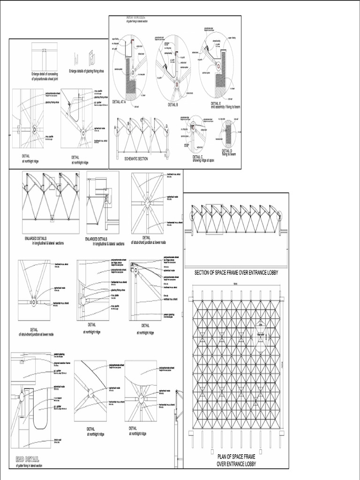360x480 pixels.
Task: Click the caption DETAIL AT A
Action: [x=120, y=101]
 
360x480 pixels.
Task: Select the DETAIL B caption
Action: [x=173, y=105]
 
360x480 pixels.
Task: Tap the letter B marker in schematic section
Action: [x=128, y=123]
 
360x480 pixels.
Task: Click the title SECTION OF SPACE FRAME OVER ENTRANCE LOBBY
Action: [x=236, y=272]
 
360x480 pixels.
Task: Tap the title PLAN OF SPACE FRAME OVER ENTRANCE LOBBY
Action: [x=236, y=460]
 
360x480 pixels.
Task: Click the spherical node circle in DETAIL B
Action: [x=177, y=85]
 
